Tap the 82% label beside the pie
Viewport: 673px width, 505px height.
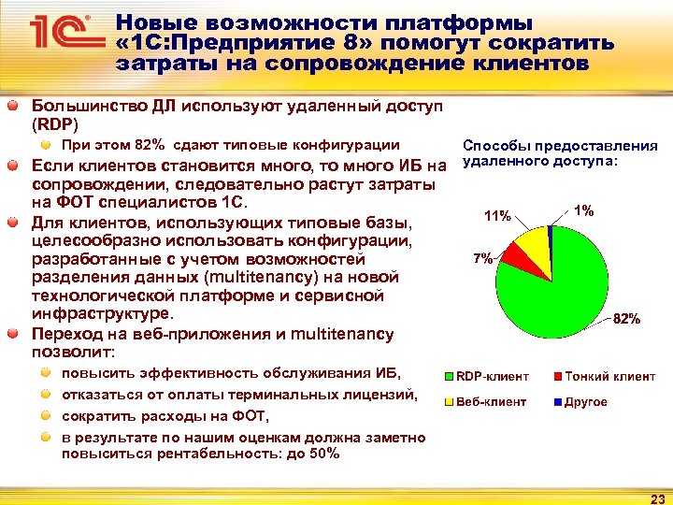626,319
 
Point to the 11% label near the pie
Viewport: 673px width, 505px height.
497,216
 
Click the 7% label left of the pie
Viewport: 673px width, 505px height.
482,257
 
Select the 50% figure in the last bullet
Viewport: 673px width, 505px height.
322,454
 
